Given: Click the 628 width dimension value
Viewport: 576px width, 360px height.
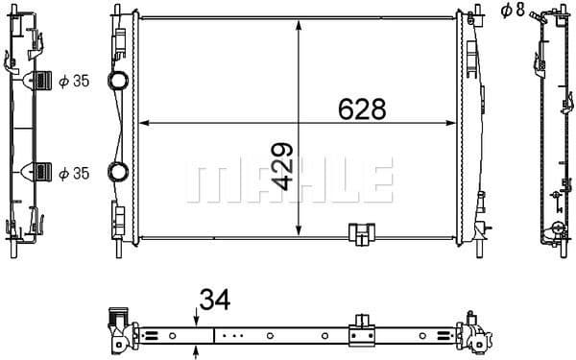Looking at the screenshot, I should click(362, 108).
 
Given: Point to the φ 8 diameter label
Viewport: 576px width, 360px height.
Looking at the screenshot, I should click(514, 11).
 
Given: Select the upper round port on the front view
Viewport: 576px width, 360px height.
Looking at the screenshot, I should click(118, 81).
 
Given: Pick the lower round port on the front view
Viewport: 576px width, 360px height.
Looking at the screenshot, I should click(118, 173).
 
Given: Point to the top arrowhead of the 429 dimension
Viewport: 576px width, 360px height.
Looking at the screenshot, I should click(301, 23).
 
